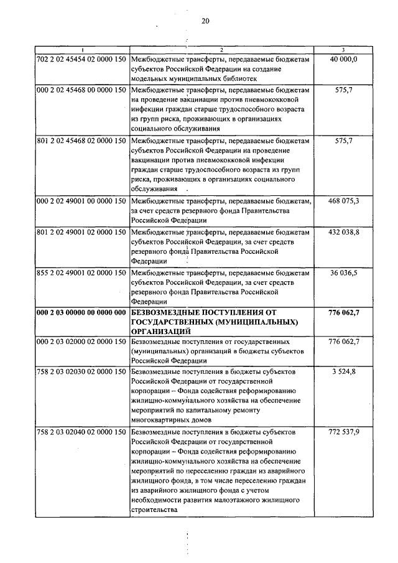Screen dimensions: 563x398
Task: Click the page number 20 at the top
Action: [x=206, y=21]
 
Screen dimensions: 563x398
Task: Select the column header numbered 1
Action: [x=81, y=49]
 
